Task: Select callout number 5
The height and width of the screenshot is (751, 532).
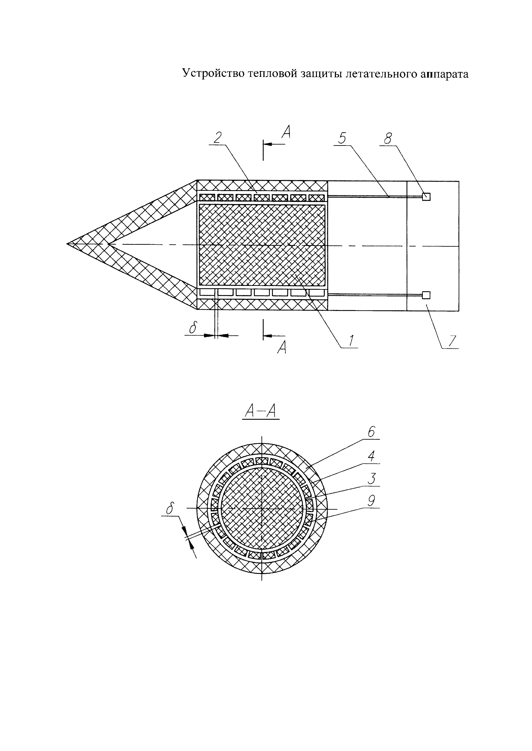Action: tap(342, 138)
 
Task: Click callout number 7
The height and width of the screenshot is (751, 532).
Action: tap(452, 341)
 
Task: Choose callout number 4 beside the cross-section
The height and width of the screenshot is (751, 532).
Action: tap(371, 456)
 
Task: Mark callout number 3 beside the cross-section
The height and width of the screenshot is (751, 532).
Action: tap(371, 479)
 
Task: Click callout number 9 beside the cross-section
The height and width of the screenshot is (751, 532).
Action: tap(371, 501)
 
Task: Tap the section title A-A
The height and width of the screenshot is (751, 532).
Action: tap(261, 411)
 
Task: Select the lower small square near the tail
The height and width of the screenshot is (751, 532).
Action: tap(426, 295)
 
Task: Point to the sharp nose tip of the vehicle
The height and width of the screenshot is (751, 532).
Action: tap(68, 244)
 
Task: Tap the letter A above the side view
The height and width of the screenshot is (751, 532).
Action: tap(286, 133)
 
